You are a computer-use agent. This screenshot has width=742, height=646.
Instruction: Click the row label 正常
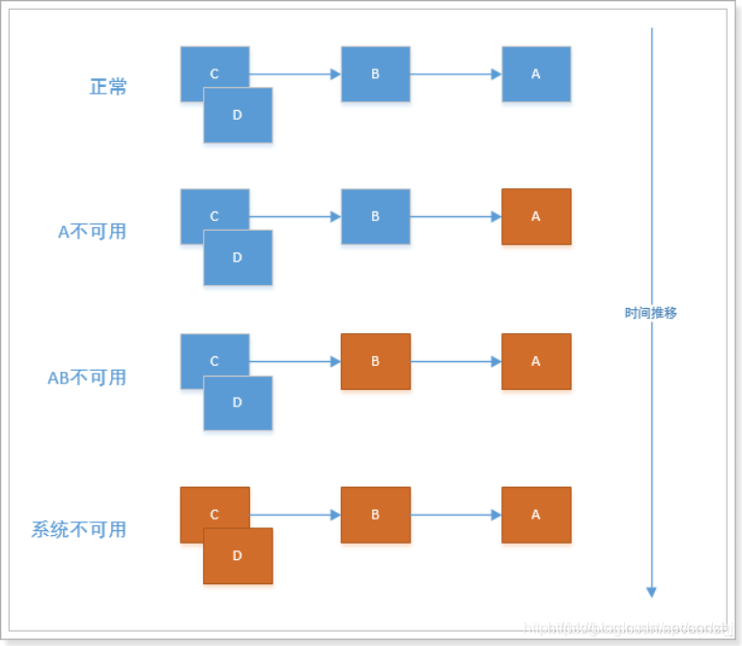coord(108,87)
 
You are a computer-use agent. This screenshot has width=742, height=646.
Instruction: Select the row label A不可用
coord(92,232)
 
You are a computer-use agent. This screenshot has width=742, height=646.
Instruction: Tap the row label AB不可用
coord(87,378)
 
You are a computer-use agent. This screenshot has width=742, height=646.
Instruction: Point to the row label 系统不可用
coord(79,529)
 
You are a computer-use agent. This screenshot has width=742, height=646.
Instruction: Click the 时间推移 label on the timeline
coord(651,314)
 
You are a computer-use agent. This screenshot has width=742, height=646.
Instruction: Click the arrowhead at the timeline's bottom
coord(651,591)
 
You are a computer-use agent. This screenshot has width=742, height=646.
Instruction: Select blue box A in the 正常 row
coord(536,74)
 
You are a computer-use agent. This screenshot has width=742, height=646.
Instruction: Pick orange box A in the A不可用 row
coord(536,216)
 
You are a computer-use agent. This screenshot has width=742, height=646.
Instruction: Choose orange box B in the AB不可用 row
coord(376,361)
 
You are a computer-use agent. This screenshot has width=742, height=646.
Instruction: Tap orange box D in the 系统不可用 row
coord(238,557)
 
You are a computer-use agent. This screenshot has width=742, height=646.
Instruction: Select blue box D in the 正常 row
coord(238,116)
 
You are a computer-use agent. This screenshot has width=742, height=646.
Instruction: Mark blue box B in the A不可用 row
coord(376,216)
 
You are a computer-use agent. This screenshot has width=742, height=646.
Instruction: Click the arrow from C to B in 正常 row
coord(295,74)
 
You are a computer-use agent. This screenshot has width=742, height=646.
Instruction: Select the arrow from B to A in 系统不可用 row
coord(456,515)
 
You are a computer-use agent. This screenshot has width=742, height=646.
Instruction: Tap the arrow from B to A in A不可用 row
coord(456,216)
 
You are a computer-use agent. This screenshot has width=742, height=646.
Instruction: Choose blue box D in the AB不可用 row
coord(238,404)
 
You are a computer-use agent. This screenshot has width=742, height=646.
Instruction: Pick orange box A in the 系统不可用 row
coord(536,515)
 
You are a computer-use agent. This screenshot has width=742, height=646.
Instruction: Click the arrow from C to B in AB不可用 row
coord(295,361)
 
